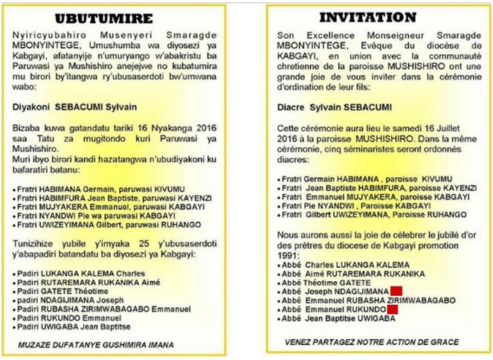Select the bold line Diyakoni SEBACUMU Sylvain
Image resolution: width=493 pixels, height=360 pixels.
(x=67, y=106)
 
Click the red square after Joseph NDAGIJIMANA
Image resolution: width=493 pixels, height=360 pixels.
(x=396, y=291)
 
